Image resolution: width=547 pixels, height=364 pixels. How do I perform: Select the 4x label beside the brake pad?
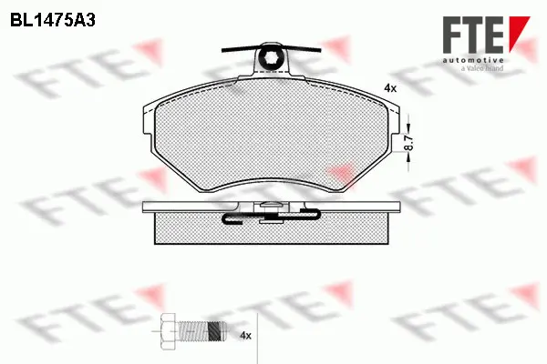pos(390,87)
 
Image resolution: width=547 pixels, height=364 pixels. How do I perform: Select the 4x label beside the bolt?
pos(244,336)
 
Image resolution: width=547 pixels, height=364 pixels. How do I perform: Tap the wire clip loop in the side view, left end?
pos(230,218)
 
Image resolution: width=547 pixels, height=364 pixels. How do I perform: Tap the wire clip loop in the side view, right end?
pos(310,215)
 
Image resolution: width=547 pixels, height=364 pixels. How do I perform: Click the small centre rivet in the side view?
pos(270,216)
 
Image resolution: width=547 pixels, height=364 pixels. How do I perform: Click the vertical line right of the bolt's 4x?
pos(261,336)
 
